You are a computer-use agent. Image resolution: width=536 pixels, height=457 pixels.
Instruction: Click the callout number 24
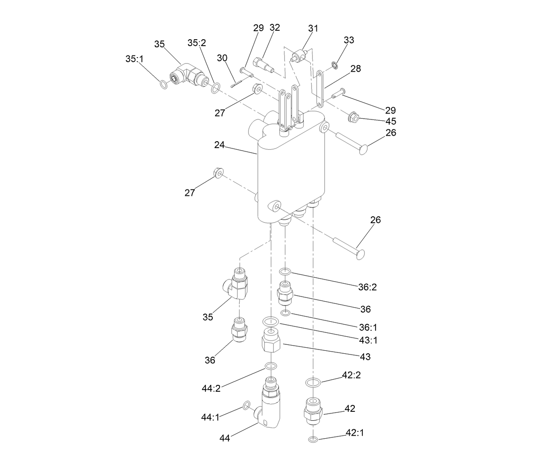coord(219,145)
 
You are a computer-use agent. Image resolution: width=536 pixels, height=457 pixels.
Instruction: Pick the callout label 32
coord(275,28)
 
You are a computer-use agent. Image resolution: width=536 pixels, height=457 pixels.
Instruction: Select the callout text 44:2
coord(211,388)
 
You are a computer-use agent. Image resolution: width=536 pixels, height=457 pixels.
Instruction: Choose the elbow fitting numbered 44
coord(268,410)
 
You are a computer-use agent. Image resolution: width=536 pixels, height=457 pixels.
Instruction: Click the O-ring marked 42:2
coord(313,382)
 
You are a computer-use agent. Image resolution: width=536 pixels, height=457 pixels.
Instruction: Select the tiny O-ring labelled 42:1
coord(313,440)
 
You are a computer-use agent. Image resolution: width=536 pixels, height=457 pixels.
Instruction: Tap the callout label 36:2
coord(367,287)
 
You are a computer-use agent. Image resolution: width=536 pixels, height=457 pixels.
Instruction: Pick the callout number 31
coord(313,28)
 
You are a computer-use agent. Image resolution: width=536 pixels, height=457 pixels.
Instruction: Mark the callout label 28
coord(355,69)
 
